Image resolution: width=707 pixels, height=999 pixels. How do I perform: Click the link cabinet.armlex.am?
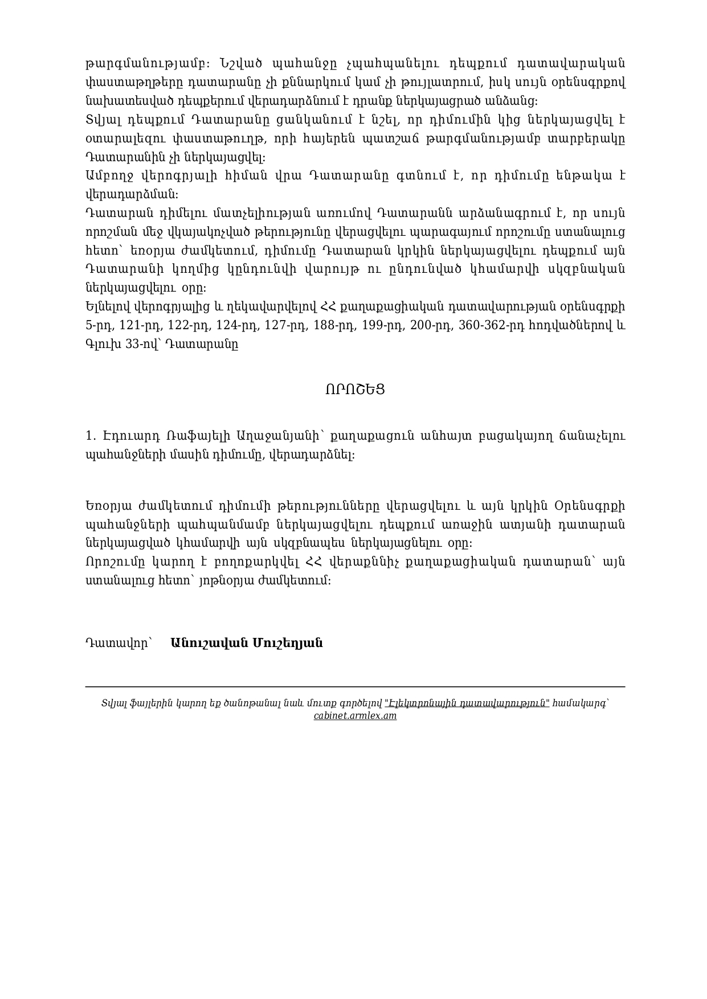[355, 716]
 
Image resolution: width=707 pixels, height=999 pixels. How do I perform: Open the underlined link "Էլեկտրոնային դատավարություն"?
[467, 703]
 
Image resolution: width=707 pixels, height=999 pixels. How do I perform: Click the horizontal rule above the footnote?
[355, 687]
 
